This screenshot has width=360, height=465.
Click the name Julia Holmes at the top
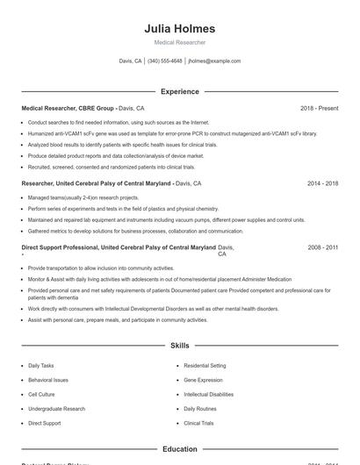click(179, 29)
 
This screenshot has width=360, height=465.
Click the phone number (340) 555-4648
click(165, 61)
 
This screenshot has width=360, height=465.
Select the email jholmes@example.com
click(214, 61)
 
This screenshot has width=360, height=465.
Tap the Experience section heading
click(179, 91)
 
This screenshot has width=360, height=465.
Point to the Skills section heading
click(179, 347)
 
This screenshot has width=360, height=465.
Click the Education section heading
click(179, 449)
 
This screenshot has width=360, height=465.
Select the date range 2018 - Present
click(319, 108)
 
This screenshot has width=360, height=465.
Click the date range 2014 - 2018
click(322, 184)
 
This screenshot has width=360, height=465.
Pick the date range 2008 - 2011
click(322, 248)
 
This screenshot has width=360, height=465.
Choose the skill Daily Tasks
click(40, 365)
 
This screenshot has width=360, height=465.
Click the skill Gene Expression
click(203, 380)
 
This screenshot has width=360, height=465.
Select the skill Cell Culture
click(41, 394)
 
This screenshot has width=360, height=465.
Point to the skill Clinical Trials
click(198, 423)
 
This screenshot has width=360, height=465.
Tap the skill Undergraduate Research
click(56, 409)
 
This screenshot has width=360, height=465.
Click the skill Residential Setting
click(205, 365)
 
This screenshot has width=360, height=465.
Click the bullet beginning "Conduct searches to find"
click(119, 123)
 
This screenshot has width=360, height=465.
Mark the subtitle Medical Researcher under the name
click(179, 42)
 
